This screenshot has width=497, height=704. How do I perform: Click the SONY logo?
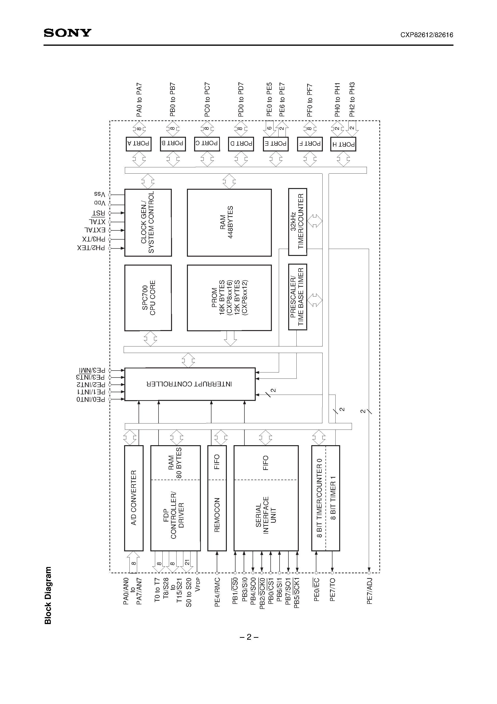coord(67,33)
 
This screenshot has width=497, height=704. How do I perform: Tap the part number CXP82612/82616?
coord(427,35)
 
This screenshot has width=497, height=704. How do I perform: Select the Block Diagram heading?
coord(48,595)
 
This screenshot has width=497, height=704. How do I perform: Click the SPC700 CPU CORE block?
coord(148,298)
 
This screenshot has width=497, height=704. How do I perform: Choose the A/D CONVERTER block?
coord(134,498)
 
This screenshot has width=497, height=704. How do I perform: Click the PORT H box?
coord(343,144)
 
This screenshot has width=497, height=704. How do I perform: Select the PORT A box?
coord(139,143)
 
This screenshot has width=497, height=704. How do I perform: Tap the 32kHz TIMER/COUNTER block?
coord(297,222)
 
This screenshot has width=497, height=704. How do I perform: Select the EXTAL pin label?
coord(95,230)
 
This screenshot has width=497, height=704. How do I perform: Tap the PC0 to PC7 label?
coord(207,100)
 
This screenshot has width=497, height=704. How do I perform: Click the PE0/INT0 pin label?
coord(91,399)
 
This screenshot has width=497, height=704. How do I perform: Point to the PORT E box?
coord(275,143)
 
